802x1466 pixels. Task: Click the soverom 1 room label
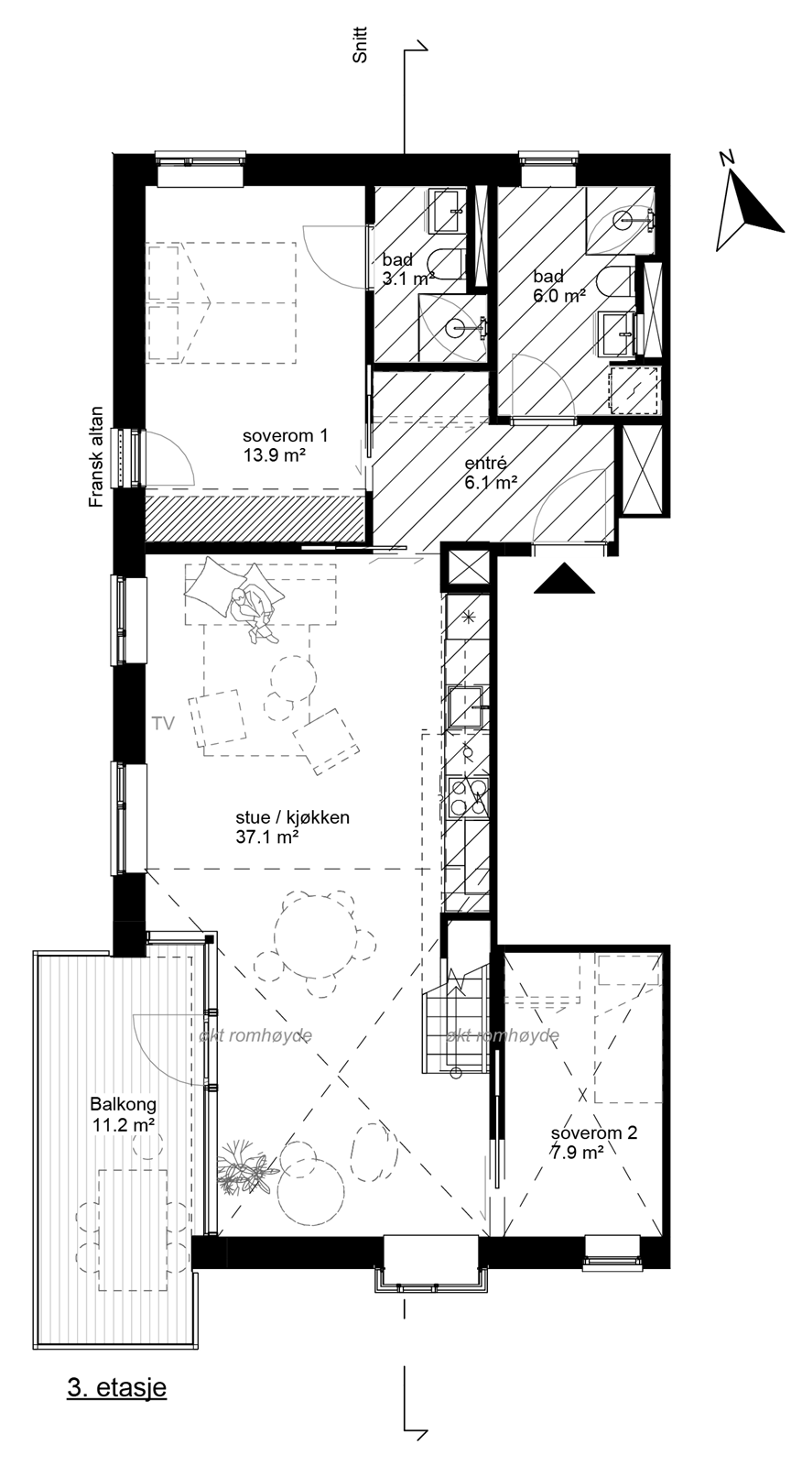[x=285, y=436]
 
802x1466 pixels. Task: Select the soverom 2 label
[x=593, y=1133]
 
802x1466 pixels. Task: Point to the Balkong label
[x=123, y=1104]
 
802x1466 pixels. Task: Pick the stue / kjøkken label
[x=292, y=817]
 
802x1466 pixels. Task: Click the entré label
[x=485, y=464]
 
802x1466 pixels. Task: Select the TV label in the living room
[x=164, y=724]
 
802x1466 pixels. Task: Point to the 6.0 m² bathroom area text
[x=559, y=296]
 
